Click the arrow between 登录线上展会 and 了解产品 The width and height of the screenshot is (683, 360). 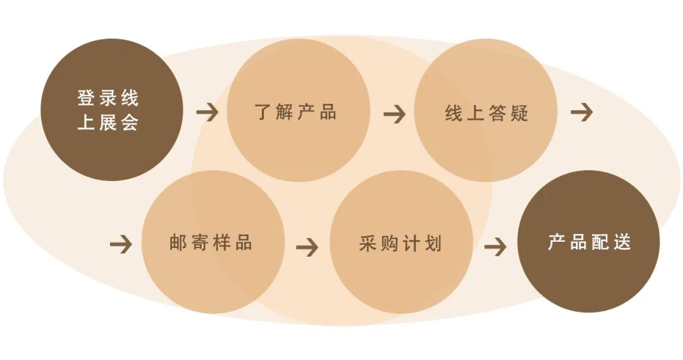tap(207, 113)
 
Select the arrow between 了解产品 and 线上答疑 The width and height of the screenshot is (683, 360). tap(394, 114)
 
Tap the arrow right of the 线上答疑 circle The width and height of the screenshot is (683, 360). tap(581, 113)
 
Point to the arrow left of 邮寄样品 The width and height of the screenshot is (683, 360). tap(120, 244)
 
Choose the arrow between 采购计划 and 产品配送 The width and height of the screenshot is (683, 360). tap(495, 246)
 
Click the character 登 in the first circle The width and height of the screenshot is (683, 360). tap(86, 99)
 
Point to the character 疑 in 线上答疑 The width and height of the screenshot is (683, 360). tap(520, 113)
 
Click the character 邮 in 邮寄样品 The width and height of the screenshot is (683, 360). tap(178, 243)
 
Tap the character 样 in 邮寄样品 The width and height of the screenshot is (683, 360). tap(221, 243)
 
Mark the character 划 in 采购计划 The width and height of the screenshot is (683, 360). tap(433, 244)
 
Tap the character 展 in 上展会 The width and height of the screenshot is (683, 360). tap(108, 122)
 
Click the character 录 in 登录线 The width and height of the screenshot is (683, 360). tap(108, 99)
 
